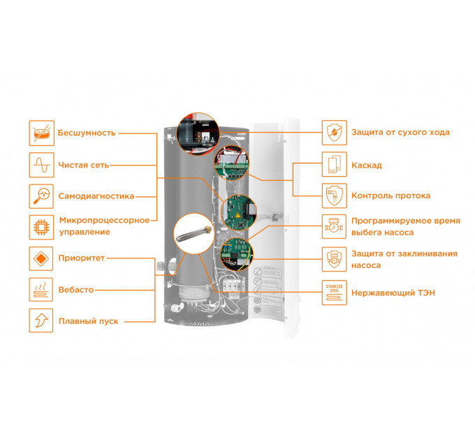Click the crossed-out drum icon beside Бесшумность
click(x=41, y=133)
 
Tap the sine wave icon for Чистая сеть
click(x=41, y=165)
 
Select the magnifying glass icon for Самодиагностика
click(x=41, y=196)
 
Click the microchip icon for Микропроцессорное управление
click(x=41, y=227)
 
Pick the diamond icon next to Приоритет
click(x=41, y=258)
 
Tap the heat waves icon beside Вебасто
click(x=41, y=290)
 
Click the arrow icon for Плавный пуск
click(x=41, y=321)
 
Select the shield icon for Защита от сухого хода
click(x=334, y=132)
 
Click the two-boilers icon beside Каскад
click(x=334, y=164)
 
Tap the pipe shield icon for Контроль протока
click(x=334, y=196)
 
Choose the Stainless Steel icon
click(x=334, y=293)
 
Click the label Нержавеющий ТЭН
click(x=393, y=293)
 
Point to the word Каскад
click(x=367, y=166)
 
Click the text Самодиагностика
click(x=96, y=196)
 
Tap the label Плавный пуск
click(x=88, y=321)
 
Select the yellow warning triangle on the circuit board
click(x=237, y=215)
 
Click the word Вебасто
click(x=75, y=290)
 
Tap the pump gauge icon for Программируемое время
click(x=334, y=226)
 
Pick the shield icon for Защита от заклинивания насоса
click(x=334, y=259)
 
